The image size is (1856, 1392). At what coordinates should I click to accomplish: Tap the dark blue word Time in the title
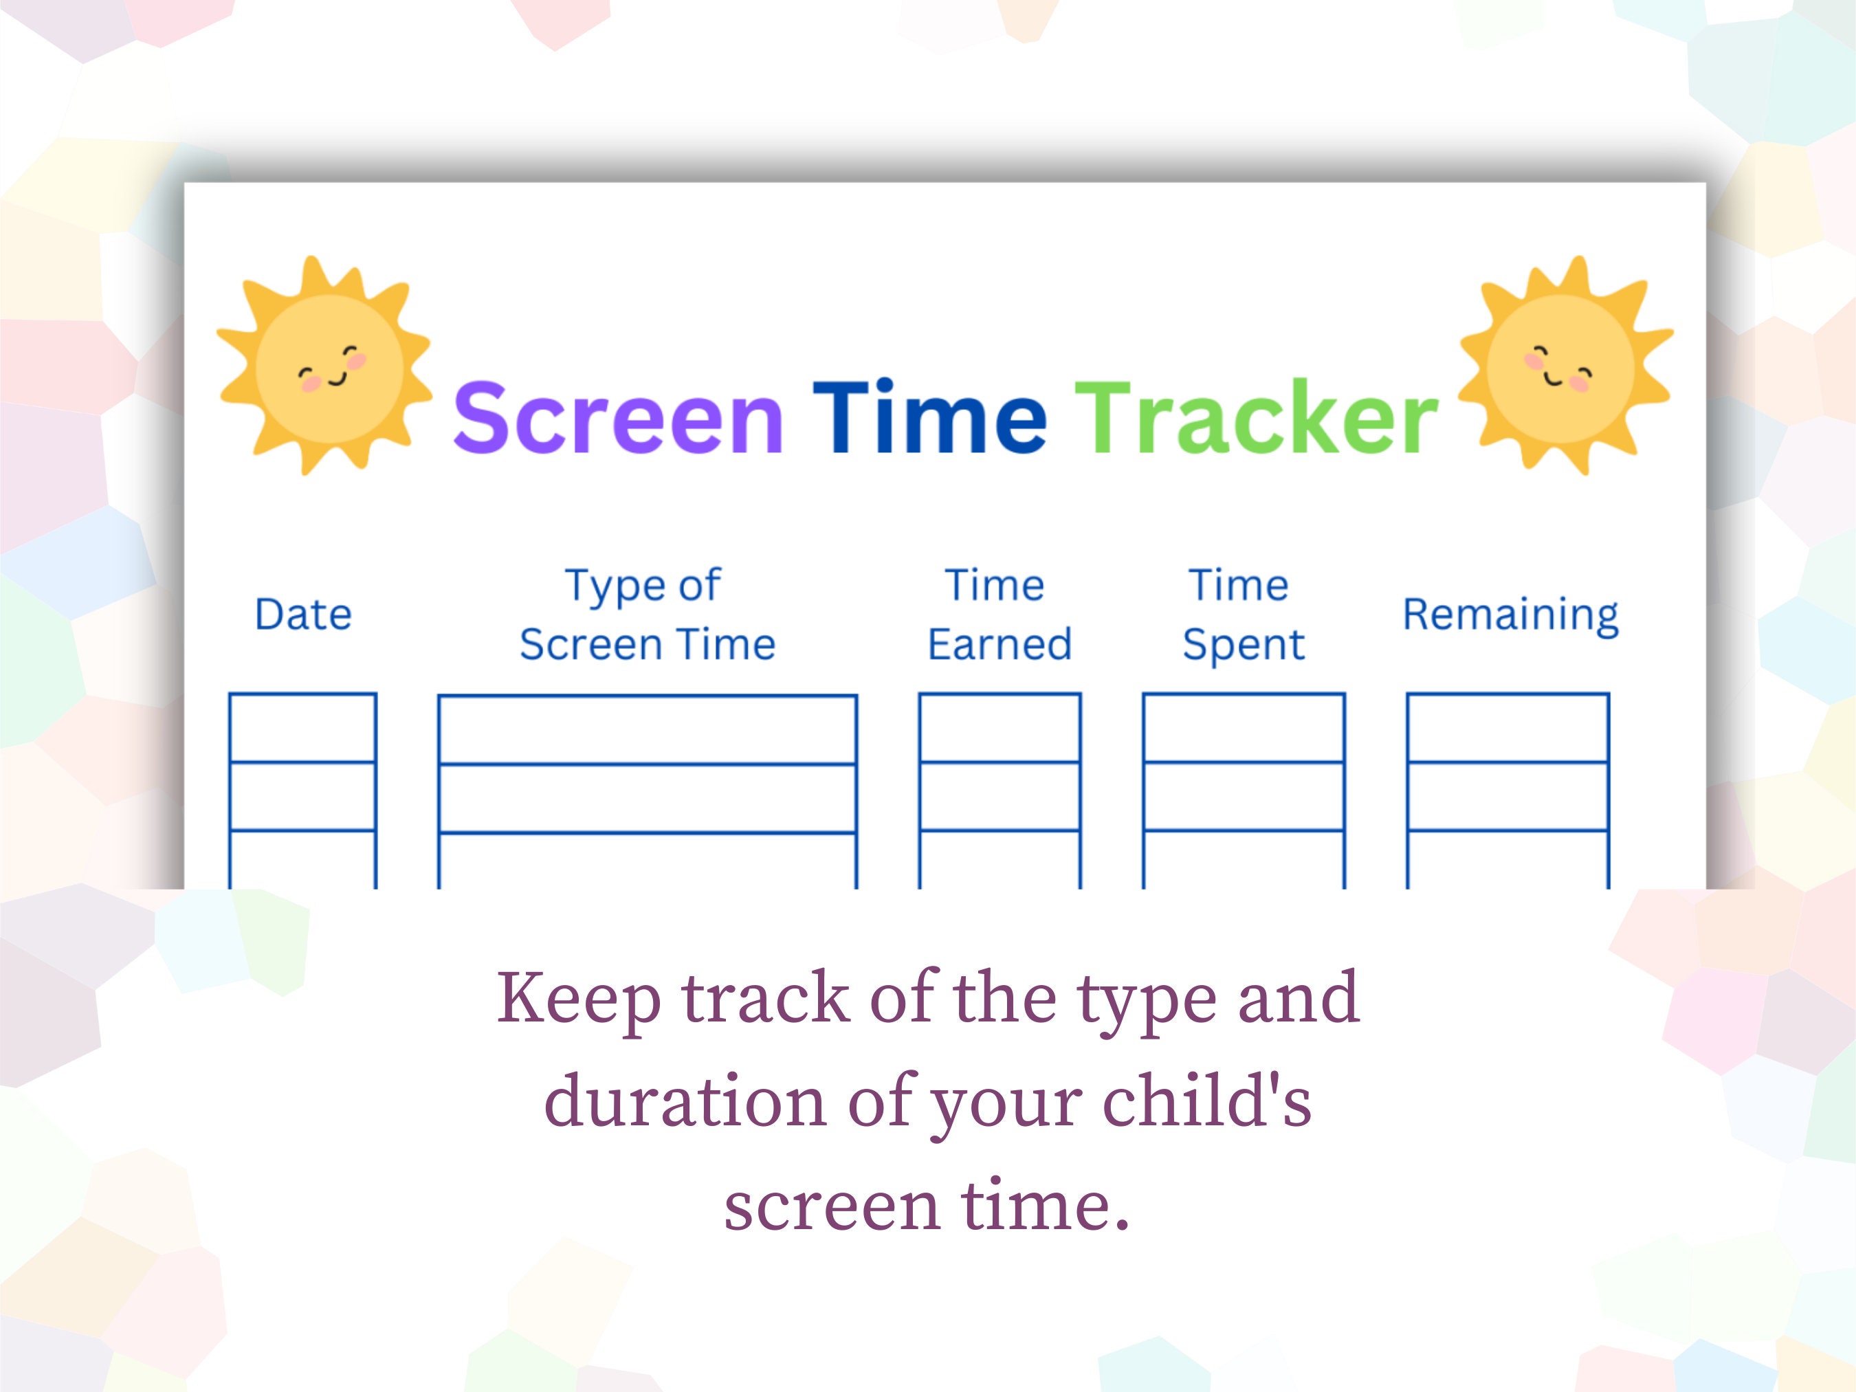coord(929,417)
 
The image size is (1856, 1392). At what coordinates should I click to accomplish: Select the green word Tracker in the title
coord(1256,417)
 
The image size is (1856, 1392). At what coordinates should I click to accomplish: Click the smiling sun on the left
coord(326,366)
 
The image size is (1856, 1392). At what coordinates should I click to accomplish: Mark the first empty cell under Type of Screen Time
coord(647,729)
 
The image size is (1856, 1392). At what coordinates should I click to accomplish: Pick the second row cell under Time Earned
coord(999,796)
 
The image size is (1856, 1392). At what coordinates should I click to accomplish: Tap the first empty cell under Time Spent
coord(1244,727)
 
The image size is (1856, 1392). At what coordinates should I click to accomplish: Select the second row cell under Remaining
coord(1507,796)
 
